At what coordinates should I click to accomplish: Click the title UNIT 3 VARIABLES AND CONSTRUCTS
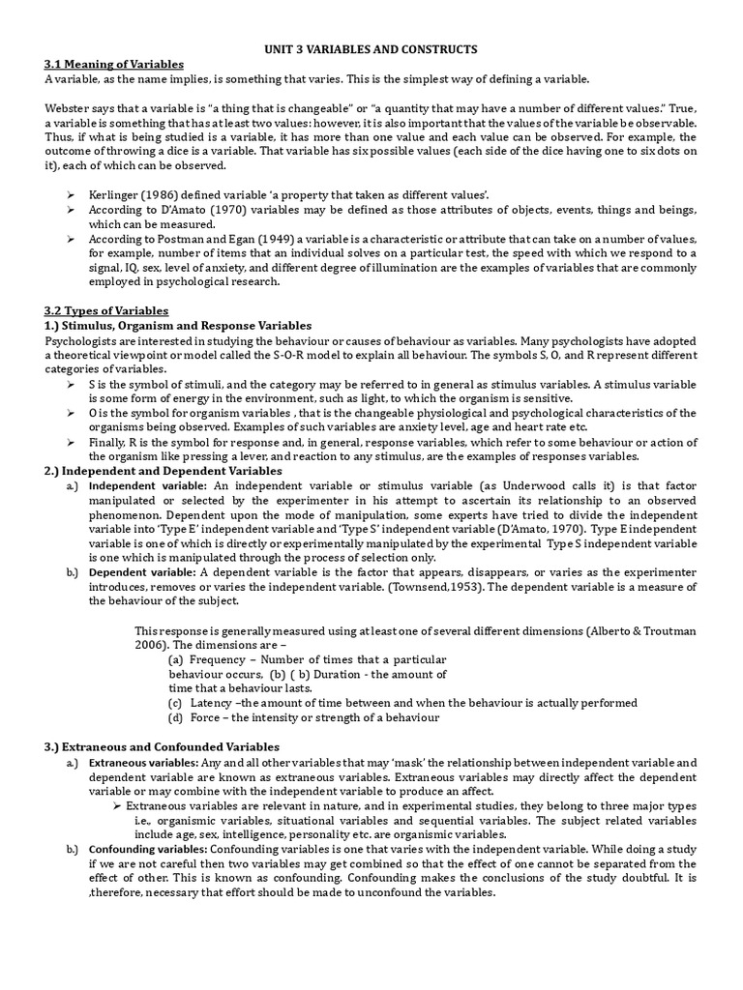[371, 48]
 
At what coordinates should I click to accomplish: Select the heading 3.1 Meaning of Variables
[114, 64]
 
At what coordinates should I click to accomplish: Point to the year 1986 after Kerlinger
[161, 195]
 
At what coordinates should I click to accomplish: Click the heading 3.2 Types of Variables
[106, 310]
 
